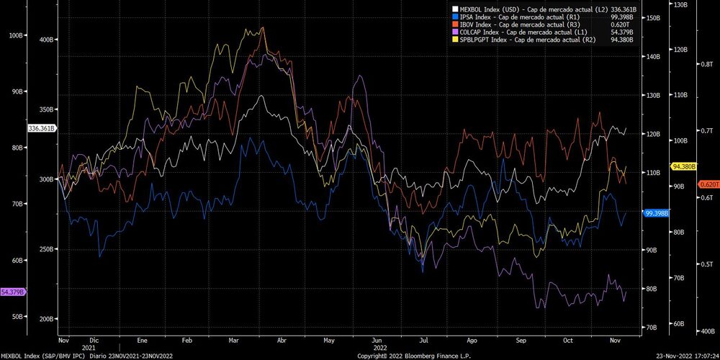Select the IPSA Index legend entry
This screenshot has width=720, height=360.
click(533, 16)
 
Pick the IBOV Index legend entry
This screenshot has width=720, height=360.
click(534, 24)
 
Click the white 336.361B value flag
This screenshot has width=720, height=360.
click(42, 128)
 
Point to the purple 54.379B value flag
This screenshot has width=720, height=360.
click(14, 292)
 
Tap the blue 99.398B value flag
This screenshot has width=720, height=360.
click(658, 213)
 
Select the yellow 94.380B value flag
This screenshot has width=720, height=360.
click(683, 166)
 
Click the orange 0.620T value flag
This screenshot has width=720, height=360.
click(708, 184)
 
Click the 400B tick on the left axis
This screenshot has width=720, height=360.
click(47, 40)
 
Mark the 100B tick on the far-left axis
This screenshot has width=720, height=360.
click(14, 35)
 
